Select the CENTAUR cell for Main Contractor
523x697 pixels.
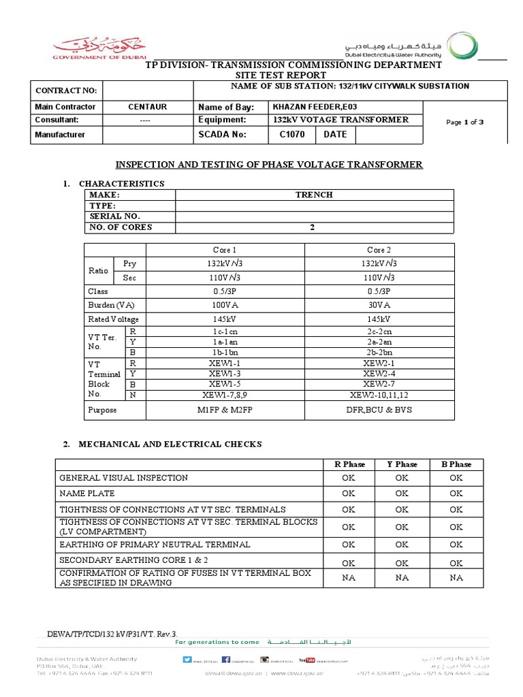tap(147, 107)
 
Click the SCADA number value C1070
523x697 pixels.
tap(292, 134)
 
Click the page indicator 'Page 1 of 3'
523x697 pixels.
tap(464, 122)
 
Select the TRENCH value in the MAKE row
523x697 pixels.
tap(314, 195)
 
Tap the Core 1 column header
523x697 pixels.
tap(225, 250)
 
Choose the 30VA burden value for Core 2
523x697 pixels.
tap(379, 305)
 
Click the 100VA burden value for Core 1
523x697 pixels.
tap(225, 305)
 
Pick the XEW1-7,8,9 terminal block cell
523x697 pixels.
tap(225, 395)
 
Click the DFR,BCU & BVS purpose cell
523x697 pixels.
tap(379, 410)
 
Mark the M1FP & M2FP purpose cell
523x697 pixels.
tap(225, 410)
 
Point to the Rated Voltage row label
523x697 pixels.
tap(113, 319)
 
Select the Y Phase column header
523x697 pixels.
tap(402, 464)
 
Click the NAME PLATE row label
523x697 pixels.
tap(87, 493)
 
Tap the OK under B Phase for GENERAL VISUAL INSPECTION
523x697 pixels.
tap(456, 478)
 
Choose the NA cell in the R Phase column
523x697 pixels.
tap(349, 577)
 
